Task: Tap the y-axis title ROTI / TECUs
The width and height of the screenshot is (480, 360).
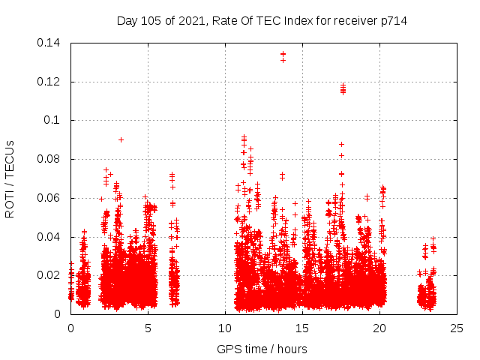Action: coord(10,178)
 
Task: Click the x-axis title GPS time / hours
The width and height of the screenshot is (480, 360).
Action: coord(262,349)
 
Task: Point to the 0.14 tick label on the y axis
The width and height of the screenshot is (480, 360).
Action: coord(49,43)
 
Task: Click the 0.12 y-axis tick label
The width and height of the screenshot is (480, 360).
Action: coord(49,82)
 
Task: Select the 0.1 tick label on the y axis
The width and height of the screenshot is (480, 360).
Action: coord(54,120)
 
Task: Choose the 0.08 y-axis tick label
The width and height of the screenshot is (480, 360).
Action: coord(49,159)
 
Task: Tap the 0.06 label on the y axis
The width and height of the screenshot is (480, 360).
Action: coord(49,198)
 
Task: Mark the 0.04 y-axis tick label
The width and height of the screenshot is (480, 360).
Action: coord(49,237)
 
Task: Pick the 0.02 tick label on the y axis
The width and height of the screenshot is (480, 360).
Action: coord(49,275)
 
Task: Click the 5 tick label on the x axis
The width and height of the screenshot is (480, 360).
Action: coord(148,328)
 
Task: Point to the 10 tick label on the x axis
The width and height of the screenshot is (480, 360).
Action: coord(225,328)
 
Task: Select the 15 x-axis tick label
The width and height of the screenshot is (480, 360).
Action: coord(302,328)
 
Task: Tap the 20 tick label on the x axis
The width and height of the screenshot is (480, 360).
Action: coord(379,328)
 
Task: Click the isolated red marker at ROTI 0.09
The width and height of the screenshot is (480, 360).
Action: coord(121,139)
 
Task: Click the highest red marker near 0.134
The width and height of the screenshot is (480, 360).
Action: coord(283,54)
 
